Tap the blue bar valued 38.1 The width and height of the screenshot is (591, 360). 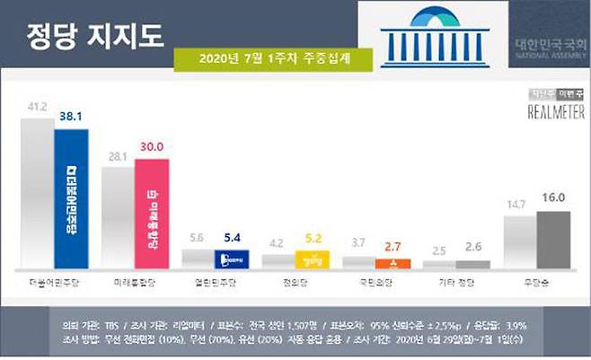click(x=71, y=198)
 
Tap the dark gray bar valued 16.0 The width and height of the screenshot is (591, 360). click(x=552, y=240)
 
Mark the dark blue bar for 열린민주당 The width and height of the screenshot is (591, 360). click(x=232, y=259)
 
